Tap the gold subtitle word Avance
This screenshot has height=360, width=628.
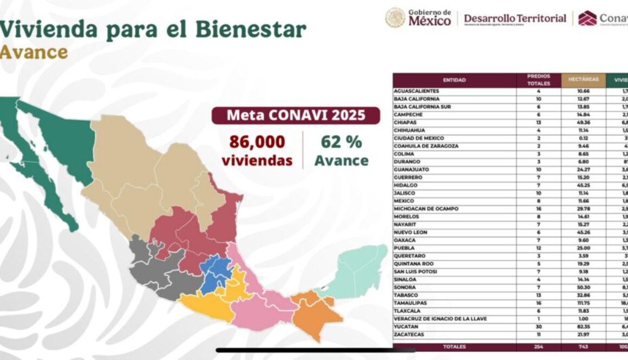pos(34,52)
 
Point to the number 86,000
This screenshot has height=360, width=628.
pos(257,142)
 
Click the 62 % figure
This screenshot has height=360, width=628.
pos(341,142)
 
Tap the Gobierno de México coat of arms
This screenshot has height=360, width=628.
pos(395,18)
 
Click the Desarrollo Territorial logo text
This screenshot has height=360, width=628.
pos(515,18)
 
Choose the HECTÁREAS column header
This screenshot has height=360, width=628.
pos(583,80)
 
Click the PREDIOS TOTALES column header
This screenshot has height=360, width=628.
pos(538,80)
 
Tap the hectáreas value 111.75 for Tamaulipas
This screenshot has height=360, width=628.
pos(583,303)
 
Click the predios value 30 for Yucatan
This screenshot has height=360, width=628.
pos(538,327)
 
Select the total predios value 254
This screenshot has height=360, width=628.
pos(538,345)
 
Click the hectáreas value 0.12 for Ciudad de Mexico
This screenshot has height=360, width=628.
pos(583,138)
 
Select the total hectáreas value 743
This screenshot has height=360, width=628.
pos(583,345)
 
